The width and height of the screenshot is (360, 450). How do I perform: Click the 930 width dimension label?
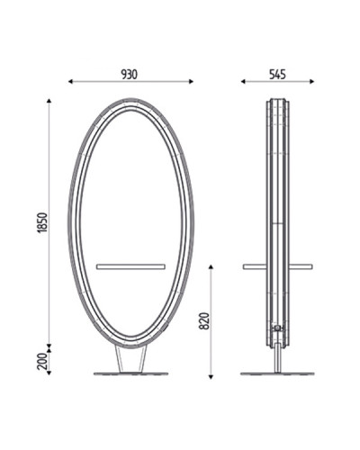(130, 75)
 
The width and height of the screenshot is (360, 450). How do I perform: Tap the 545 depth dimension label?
(277, 75)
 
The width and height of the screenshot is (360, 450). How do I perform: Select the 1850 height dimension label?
(43, 222)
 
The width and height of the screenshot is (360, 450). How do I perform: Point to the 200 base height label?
(43, 361)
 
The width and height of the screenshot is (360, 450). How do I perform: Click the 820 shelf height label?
(204, 321)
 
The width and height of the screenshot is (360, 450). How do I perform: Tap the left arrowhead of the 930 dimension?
(70, 81)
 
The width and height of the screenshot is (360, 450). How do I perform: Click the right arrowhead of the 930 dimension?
(191, 81)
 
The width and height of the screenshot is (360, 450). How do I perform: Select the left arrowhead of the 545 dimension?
(243, 81)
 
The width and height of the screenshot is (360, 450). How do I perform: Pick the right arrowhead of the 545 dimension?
(312, 81)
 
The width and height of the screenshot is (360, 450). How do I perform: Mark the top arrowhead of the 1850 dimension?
(49, 101)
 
